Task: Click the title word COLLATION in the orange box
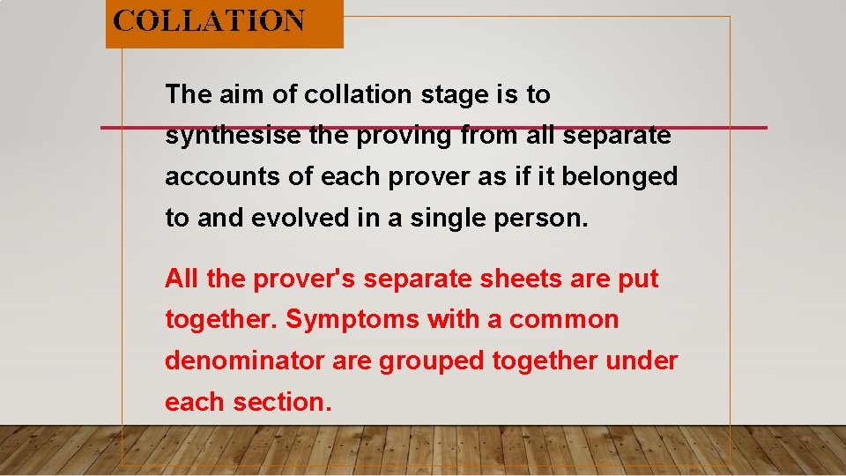pos(210,20)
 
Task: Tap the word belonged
pos(620,177)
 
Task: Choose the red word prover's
pos(304,279)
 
